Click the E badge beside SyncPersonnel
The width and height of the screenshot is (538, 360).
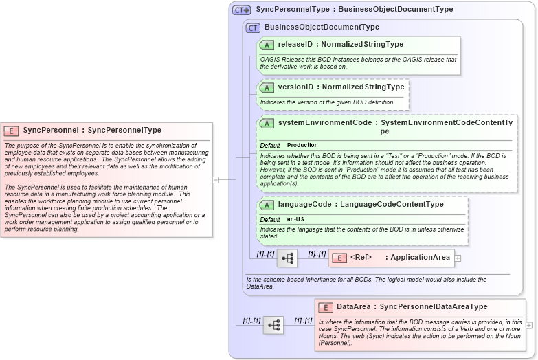point(11,131)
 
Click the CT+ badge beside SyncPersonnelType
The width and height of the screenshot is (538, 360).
point(241,10)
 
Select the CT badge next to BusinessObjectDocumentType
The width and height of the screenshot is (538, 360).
point(253,27)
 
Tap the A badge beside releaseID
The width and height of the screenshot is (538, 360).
point(267,45)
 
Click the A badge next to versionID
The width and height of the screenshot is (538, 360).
point(267,88)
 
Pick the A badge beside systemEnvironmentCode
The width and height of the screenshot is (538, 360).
point(267,123)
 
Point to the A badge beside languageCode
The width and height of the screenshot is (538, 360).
point(267,205)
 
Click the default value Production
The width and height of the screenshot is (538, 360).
point(302,146)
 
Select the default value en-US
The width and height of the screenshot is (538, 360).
point(296,219)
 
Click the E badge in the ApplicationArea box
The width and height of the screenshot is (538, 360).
point(339,258)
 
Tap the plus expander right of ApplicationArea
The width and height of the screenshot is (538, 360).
point(458,258)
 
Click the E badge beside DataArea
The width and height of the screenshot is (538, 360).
point(326,307)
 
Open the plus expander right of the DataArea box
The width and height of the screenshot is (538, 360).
point(529,325)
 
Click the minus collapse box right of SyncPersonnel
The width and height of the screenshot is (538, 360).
point(216,180)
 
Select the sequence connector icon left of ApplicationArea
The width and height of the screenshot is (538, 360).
point(287,258)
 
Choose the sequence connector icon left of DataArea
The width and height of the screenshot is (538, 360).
point(273,325)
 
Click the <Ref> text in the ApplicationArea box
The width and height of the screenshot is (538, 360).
point(361,258)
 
